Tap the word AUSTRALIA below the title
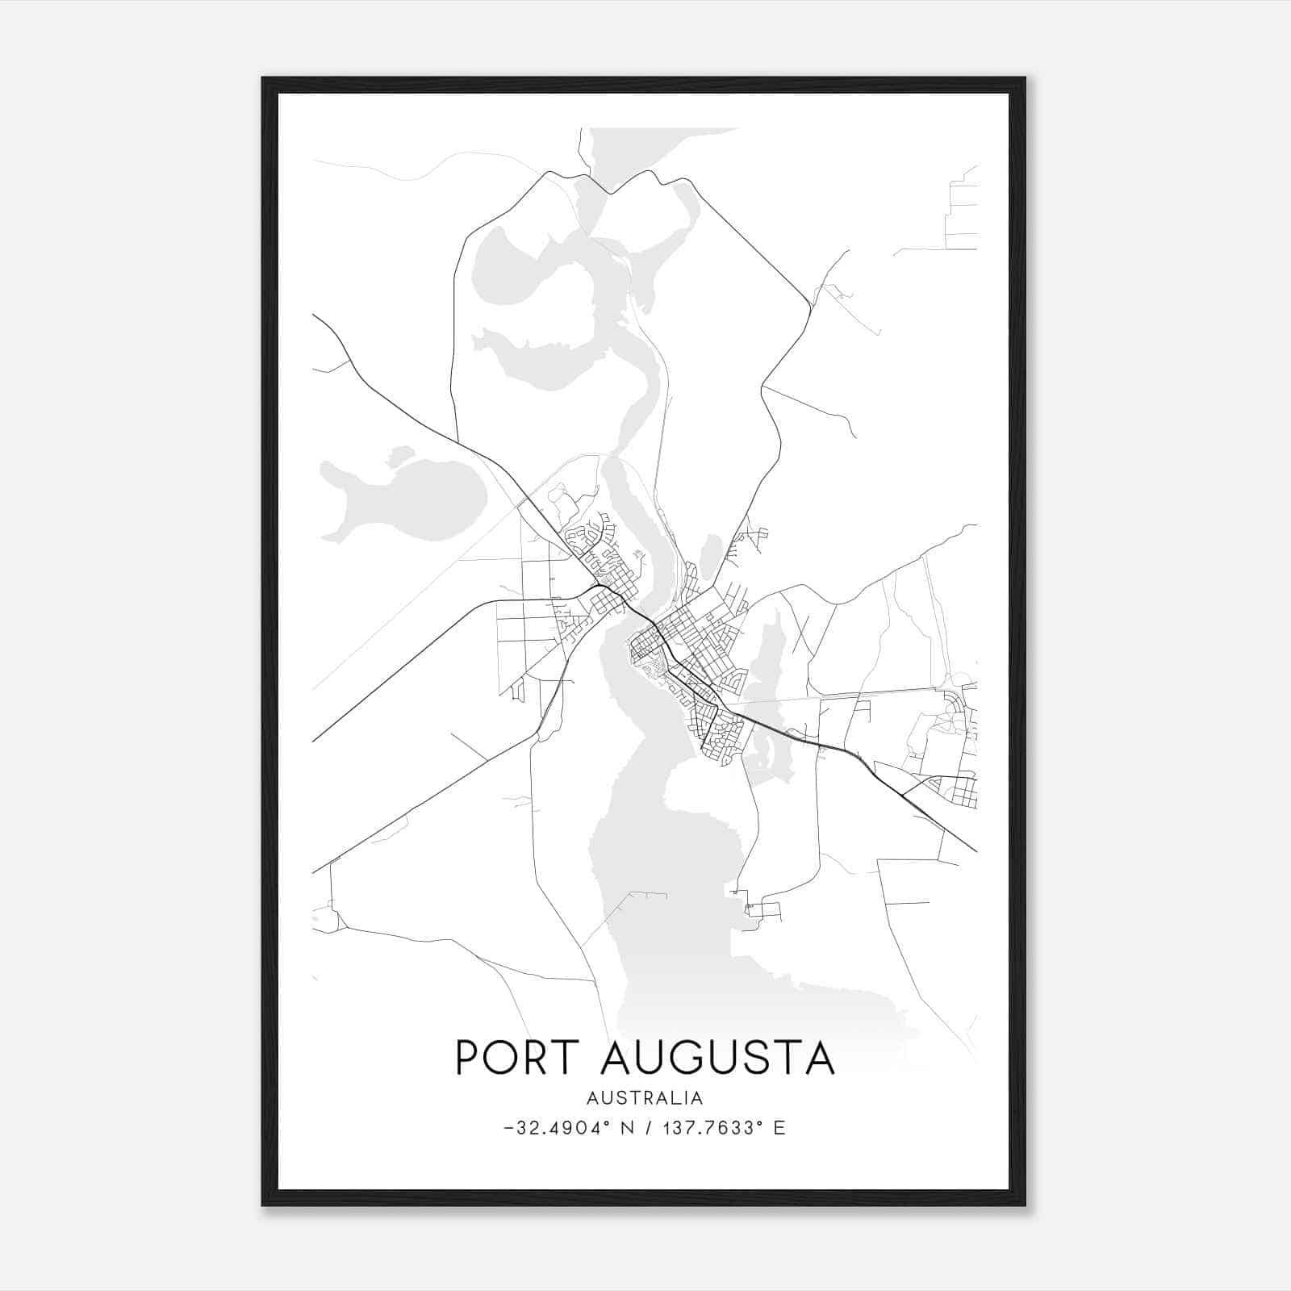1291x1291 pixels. (645, 1098)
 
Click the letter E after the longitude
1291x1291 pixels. (779, 1128)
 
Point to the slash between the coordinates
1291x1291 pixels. (648, 1128)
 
